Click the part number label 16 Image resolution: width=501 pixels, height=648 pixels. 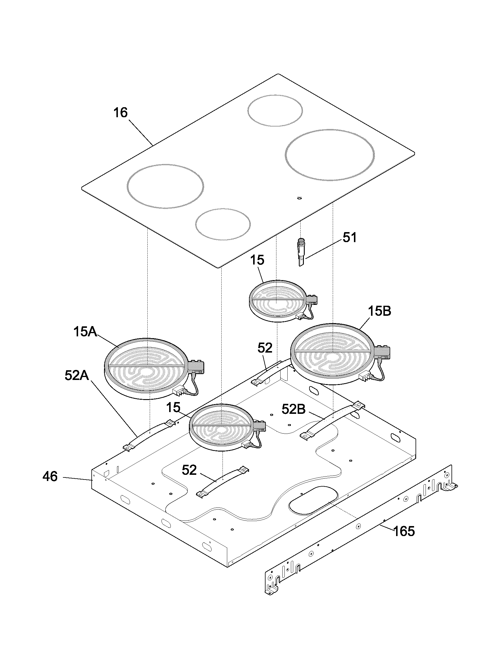121,113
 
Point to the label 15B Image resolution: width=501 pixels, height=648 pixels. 379,311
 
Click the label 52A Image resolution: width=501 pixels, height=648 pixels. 77,376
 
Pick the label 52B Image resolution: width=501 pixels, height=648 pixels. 293,410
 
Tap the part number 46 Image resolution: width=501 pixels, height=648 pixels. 50,477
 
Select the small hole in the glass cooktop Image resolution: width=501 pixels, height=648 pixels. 299,198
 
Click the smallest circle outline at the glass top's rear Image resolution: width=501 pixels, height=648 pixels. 275,110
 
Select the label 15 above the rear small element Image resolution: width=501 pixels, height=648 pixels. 257,260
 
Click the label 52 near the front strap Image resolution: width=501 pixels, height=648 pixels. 189,470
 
